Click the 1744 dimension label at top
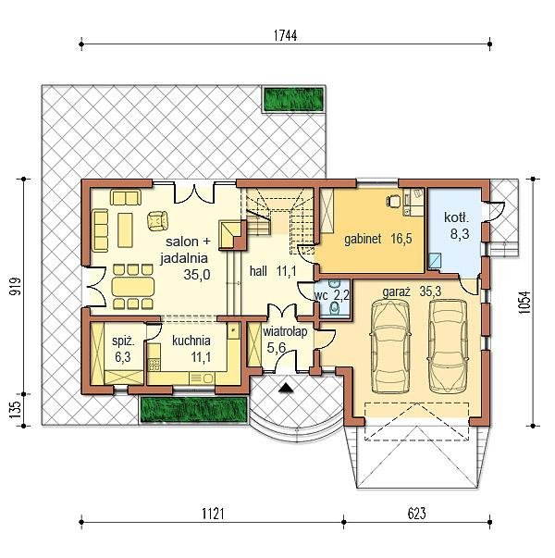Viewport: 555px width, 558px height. (x=285, y=35)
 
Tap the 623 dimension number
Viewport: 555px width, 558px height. (x=416, y=514)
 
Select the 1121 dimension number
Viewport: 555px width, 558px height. (x=213, y=514)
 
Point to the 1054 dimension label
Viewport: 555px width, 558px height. (x=524, y=303)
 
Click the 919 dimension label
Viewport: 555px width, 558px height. (x=16, y=286)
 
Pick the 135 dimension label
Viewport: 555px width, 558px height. (x=16, y=410)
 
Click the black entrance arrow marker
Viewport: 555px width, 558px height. (x=286, y=388)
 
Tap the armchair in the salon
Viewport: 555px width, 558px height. (x=157, y=220)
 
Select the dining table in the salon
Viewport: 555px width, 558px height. (x=132, y=287)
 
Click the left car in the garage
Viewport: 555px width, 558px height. (x=390, y=346)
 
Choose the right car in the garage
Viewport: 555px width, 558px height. (x=448, y=346)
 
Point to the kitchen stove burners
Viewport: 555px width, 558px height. (x=154, y=364)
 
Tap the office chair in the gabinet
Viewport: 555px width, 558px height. (x=393, y=201)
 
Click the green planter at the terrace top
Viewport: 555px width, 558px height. (x=294, y=99)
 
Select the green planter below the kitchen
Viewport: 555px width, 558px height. (x=193, y=410)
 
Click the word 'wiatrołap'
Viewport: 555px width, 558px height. (x=285, y=331)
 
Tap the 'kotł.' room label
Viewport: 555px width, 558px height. (x=456, y=217)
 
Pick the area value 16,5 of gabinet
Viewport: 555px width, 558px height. (x=401, y=239)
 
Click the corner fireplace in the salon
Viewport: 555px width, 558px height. (x=231, y=234)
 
